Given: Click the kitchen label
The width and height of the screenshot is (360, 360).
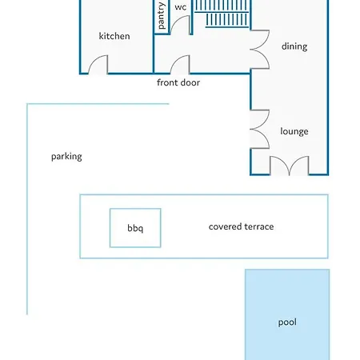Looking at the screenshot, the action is (114, 36).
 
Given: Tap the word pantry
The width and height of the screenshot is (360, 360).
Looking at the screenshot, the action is (162, 16).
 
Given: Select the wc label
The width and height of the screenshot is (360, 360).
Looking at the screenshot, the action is (181, 7).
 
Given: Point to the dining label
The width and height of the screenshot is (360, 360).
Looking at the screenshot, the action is (294, 46).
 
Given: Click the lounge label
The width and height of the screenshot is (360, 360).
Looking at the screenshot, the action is (294, 131).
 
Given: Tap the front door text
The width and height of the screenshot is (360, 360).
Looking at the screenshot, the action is (178, 82).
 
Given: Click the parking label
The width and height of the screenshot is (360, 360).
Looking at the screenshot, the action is (66, 157).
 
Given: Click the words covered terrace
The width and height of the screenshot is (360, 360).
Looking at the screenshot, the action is (241, 226).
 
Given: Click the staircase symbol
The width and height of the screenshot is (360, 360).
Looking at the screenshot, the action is (222, 14).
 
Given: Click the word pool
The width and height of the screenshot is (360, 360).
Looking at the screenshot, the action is (287, 322).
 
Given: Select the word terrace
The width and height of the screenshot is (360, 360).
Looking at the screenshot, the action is (259, 226).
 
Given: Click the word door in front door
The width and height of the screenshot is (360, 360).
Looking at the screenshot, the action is (190, 82).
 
